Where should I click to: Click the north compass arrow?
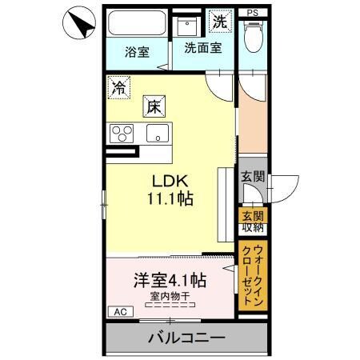[x=77, y=23]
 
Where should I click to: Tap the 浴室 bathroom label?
[x=137, y=53]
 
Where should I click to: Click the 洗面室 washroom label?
[x=202, y=47]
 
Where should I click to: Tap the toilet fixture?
[x=253, y=36]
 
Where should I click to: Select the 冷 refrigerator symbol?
[x=120, y=84]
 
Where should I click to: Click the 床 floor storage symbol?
[x=153, y=104]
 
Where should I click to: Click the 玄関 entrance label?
[x=252, y=178]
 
